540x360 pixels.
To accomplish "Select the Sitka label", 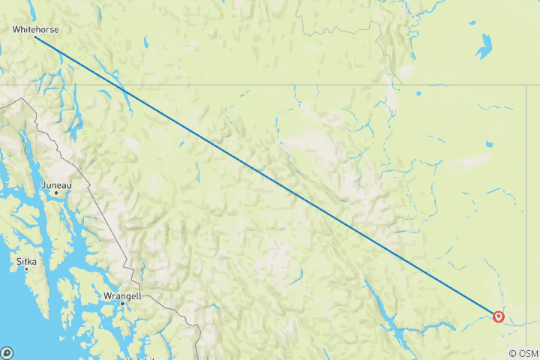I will coord(25,262).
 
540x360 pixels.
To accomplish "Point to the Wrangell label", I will coord(122,296).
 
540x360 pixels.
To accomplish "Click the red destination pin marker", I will coord(498,316).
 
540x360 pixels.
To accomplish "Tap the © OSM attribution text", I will coord(523,353).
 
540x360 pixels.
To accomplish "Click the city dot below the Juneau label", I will coord(56,193).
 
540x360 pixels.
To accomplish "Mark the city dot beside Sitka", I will coord(26,268).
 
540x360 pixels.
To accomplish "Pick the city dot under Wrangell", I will coord(122,303).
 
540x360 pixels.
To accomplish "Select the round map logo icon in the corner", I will coord(7,352).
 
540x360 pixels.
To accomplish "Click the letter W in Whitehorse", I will coord(16,29).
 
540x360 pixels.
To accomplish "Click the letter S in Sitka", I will coord(19,262).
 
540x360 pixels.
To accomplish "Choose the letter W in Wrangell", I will coord(106,296).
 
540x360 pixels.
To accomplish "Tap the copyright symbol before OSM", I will coord(511,353).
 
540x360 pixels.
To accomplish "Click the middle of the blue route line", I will coord(266,176).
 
